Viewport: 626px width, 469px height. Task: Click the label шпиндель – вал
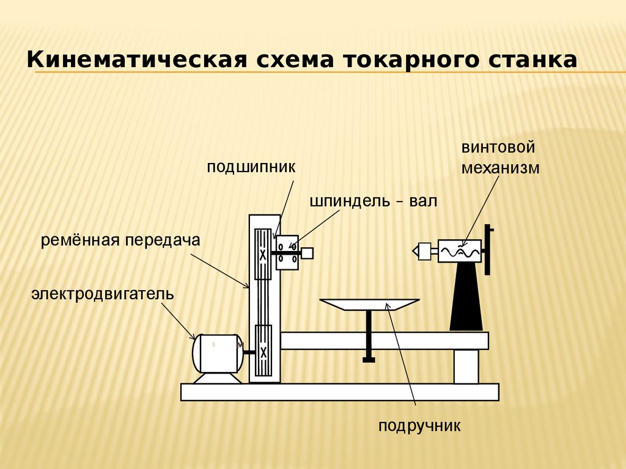(374, 201)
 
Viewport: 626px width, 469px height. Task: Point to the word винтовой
(498, 148)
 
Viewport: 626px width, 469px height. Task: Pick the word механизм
(501, 168)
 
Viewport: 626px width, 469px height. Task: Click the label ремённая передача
(121, 240)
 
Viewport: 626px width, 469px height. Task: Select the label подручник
(419, 425)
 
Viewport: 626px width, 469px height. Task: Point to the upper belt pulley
(263, 253)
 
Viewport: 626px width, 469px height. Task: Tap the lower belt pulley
(263, 351)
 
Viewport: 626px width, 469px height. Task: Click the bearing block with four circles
(287, 252)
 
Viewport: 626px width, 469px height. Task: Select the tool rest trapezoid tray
(369, 304)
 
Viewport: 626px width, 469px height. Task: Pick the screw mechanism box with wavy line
(459, 250)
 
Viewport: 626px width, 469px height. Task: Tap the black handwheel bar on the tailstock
(488, 250)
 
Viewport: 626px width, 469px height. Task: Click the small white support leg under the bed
(466, 366)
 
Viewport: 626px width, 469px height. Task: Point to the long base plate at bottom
(339, 391)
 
